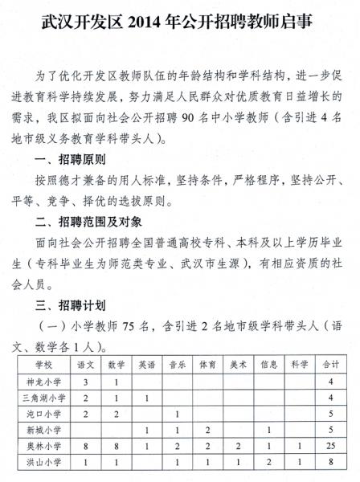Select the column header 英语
(145, 364)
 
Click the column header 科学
(299, 364)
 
